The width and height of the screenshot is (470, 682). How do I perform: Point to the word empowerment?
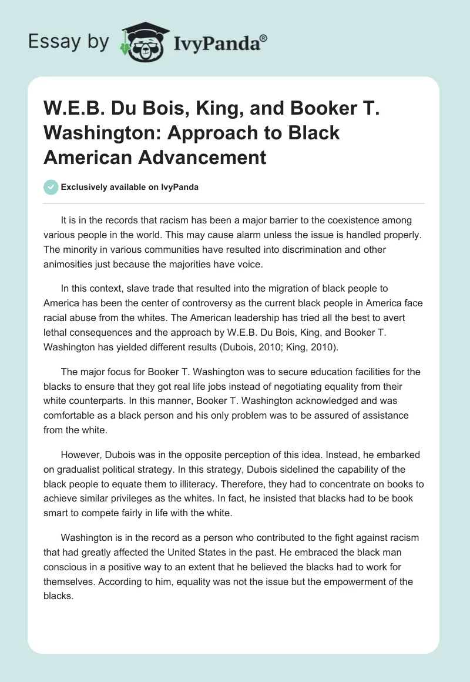click(335, 581)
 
